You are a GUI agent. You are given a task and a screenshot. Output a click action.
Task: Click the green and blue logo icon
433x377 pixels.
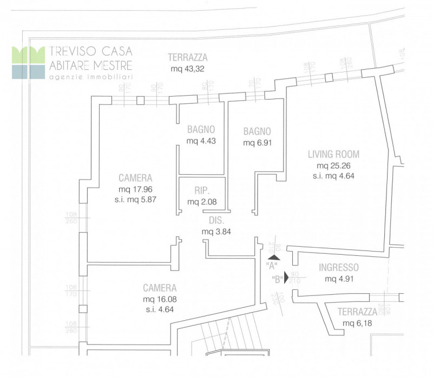[28, 63]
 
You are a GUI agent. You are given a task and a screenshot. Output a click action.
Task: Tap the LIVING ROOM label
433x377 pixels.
[333, 154]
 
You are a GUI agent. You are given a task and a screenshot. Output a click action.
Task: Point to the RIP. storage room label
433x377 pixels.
[202, 190]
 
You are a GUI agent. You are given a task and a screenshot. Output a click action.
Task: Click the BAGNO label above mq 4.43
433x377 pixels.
[201, 130]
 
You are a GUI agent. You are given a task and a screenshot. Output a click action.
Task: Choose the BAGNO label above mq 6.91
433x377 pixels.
[257, 131]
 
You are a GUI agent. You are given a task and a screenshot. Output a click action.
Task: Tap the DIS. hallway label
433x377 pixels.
[216, 221]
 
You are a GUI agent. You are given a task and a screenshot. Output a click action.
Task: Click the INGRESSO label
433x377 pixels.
[338, 267]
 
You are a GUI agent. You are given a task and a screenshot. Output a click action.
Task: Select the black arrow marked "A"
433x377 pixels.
[274, 257]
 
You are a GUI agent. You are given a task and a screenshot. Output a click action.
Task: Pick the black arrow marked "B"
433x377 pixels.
[287, 279]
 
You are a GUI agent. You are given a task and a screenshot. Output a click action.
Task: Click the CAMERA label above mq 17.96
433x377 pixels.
[135, 178]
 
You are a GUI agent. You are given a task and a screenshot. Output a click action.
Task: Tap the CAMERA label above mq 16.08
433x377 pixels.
[160, 288]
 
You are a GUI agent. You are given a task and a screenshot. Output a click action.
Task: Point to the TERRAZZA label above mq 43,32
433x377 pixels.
[188, 57]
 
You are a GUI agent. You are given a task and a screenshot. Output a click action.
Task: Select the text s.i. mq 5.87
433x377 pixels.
[135, 200]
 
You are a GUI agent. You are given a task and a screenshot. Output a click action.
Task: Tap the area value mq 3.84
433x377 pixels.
[216, 232]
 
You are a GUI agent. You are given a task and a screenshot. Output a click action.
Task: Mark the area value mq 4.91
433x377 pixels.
[338, 279]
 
